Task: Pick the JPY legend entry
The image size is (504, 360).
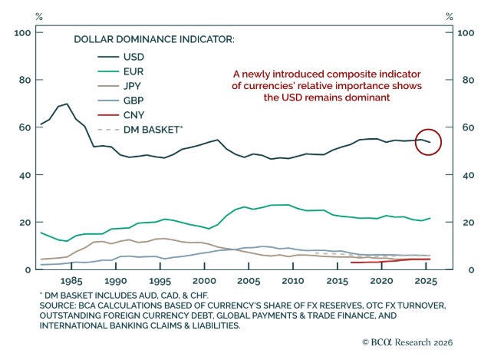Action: pos(133,85)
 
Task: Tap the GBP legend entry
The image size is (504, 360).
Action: pos(133,100)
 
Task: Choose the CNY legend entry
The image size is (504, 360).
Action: pos(133,114)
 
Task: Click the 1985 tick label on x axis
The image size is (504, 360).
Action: pos(73,282)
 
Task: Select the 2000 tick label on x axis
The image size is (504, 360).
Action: pos(205,282)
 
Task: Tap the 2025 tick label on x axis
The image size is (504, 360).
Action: pos(424,282)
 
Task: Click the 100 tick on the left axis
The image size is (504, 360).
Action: pos(21,33)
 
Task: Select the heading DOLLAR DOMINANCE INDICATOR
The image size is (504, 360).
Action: pos(153,38)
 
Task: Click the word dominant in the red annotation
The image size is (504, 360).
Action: pos(364,98)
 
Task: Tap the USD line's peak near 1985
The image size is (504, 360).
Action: pos(67,104)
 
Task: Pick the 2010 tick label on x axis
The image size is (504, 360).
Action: pos(292,282)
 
